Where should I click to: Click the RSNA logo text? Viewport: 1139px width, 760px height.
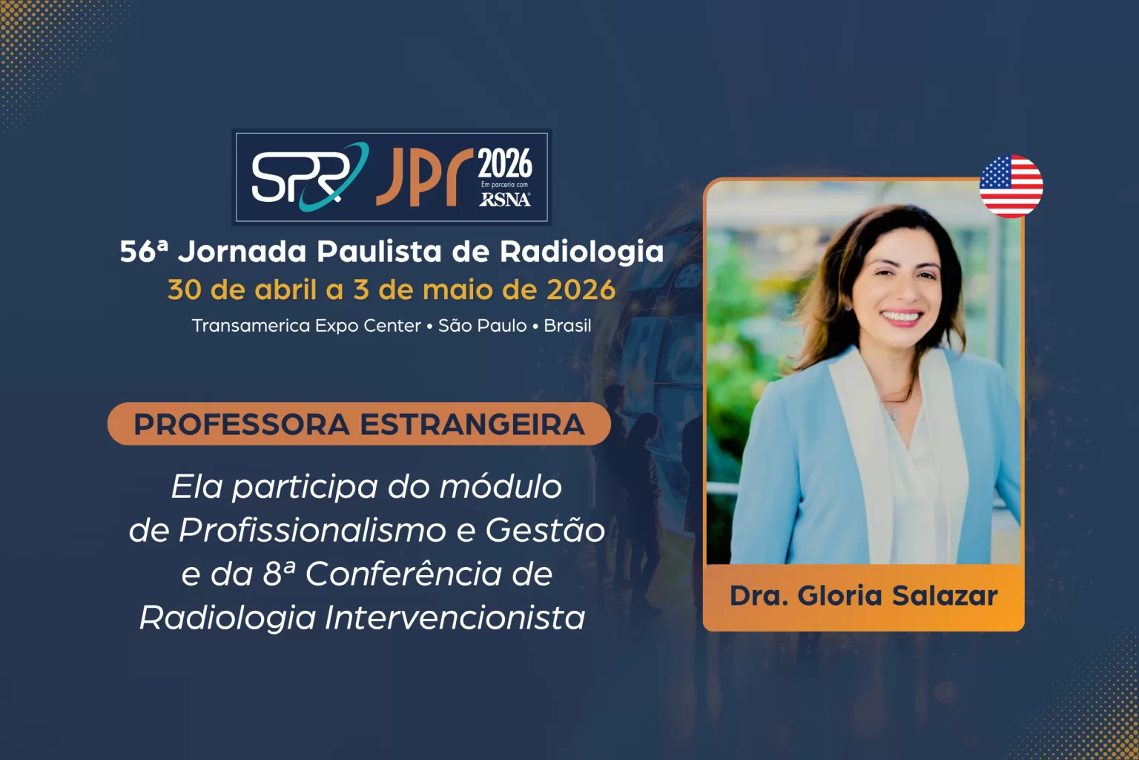tap(505, 199)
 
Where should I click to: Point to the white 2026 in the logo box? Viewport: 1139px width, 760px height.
tap(505, 163)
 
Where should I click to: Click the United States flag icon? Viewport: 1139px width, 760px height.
tap(1011, 186)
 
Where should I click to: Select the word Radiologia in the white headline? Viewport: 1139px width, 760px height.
tap(581, 252)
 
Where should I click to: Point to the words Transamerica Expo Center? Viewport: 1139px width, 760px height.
tap(306, 326)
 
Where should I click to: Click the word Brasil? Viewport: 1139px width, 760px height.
tap(567, 326)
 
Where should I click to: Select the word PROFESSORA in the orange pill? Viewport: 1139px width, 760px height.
tap(241, 425)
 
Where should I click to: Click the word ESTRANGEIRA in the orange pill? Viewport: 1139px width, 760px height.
tap(472, 425)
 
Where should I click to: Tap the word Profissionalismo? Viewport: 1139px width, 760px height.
tap(312, 530)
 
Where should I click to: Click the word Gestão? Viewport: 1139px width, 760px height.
tap(545, 530)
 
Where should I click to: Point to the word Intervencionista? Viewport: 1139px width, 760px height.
tap(455, 617)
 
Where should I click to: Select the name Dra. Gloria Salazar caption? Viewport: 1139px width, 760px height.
tap(863, 596)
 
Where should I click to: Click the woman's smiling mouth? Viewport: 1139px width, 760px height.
tap(901, 316)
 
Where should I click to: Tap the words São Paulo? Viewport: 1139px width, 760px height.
tap(482, 326)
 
